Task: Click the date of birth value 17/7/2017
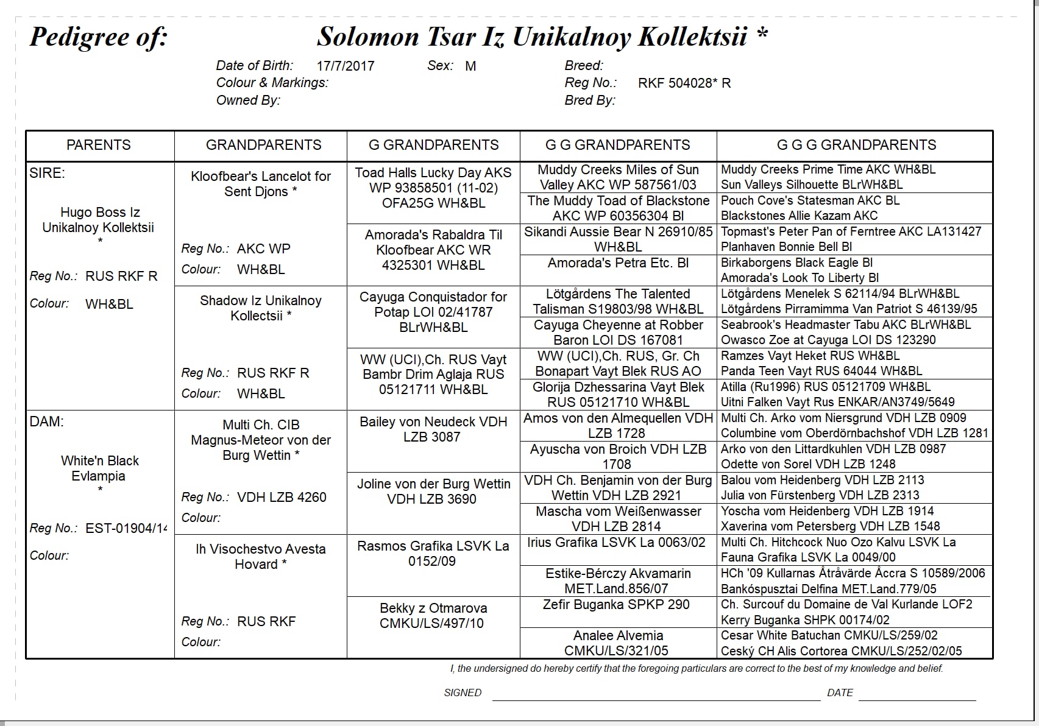(345, 66)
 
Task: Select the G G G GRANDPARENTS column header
(856, 145)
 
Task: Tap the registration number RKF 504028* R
(684, 83)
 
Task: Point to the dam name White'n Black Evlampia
(99, 468)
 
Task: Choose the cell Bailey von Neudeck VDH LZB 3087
(433, 429)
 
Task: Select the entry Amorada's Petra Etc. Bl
(618, 263)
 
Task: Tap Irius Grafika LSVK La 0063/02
(616, 542)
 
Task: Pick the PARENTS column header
(99, 145)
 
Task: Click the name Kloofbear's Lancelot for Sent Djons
(260, 183)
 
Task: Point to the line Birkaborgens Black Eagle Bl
(796, 263)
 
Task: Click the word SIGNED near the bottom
(463, 693)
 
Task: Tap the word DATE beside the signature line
(840, 693)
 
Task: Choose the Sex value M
(470, 66)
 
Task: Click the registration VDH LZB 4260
(282, 497)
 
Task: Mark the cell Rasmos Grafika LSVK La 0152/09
(433, 553)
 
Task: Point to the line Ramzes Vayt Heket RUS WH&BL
(810, 356)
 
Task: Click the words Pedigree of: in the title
(99, 37)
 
